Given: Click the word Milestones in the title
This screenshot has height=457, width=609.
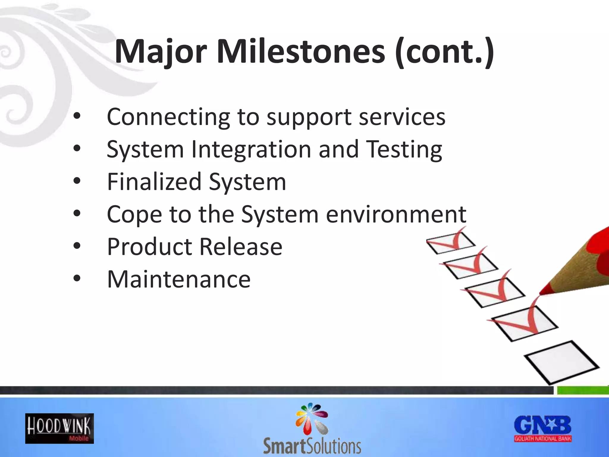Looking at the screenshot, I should pos(301,52).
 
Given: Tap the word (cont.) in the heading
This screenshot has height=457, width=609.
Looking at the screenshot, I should pos(445,52).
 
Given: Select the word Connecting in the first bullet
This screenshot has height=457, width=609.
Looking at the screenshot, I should pos(168,117).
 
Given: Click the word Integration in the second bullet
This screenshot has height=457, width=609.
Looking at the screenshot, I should pos(251,149).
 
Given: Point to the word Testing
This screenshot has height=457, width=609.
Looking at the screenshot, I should pos(404,149).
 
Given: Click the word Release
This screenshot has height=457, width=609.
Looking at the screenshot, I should pos(241,247).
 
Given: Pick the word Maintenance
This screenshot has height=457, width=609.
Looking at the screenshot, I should pos(179,279).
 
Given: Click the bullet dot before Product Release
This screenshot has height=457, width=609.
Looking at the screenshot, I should pos(77,246).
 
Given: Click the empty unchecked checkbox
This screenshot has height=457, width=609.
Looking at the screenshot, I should pos(561,362).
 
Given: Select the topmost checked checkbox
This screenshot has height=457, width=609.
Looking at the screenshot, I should pos(451,242).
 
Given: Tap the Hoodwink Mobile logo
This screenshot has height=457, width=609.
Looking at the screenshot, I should pos(59,428).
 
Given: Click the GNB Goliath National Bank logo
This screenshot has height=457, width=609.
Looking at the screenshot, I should pos(543,429).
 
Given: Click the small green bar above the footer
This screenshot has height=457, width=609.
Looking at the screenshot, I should pos(582,390).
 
